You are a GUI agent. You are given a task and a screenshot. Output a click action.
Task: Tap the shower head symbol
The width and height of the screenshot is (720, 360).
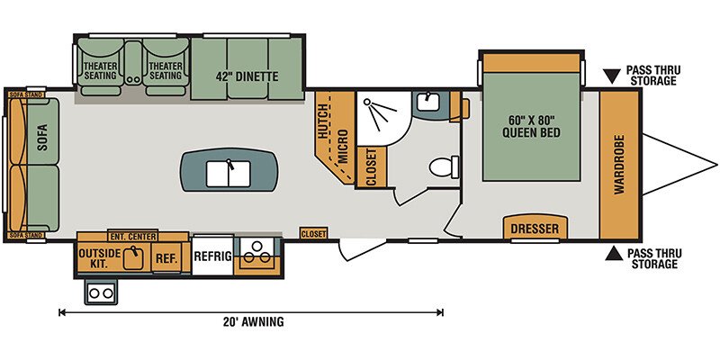point(380,112)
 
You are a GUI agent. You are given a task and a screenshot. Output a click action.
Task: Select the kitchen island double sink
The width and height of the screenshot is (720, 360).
point(229,173)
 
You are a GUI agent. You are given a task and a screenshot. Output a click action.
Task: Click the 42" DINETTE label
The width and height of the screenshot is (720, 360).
point(247,76)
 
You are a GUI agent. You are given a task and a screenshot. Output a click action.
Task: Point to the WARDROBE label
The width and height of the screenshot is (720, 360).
point(619,164)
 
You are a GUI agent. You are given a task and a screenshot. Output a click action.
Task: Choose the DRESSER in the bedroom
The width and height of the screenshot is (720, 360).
point(535,228)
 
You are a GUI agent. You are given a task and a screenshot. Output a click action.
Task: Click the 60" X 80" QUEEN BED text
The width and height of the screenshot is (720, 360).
point(535,127)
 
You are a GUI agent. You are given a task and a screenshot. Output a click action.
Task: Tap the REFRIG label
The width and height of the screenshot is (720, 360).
point(212,256)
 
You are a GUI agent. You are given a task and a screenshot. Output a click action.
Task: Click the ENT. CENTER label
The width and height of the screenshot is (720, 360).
point(132,237)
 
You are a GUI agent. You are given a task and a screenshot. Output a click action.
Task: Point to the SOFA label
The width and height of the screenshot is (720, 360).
point(42,138)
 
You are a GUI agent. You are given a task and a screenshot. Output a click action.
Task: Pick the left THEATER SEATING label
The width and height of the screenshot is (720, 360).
point(100,71)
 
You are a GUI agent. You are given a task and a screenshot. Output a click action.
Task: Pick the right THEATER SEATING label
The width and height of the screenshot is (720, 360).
point(166,71)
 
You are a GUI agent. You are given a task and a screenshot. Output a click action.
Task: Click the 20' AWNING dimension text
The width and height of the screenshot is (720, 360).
point(252,321)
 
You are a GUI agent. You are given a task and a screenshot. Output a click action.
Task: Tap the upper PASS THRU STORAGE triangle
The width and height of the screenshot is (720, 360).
point(611,76)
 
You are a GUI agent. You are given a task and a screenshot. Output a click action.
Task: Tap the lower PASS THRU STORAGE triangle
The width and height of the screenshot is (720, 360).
point(614,254)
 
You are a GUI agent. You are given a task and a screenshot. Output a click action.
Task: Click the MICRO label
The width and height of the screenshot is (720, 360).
point(343,147)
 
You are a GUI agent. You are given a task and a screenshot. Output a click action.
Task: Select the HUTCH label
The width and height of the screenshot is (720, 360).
point(323,121)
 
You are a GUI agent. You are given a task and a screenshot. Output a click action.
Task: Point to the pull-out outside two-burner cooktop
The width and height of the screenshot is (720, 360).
point(101,292)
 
